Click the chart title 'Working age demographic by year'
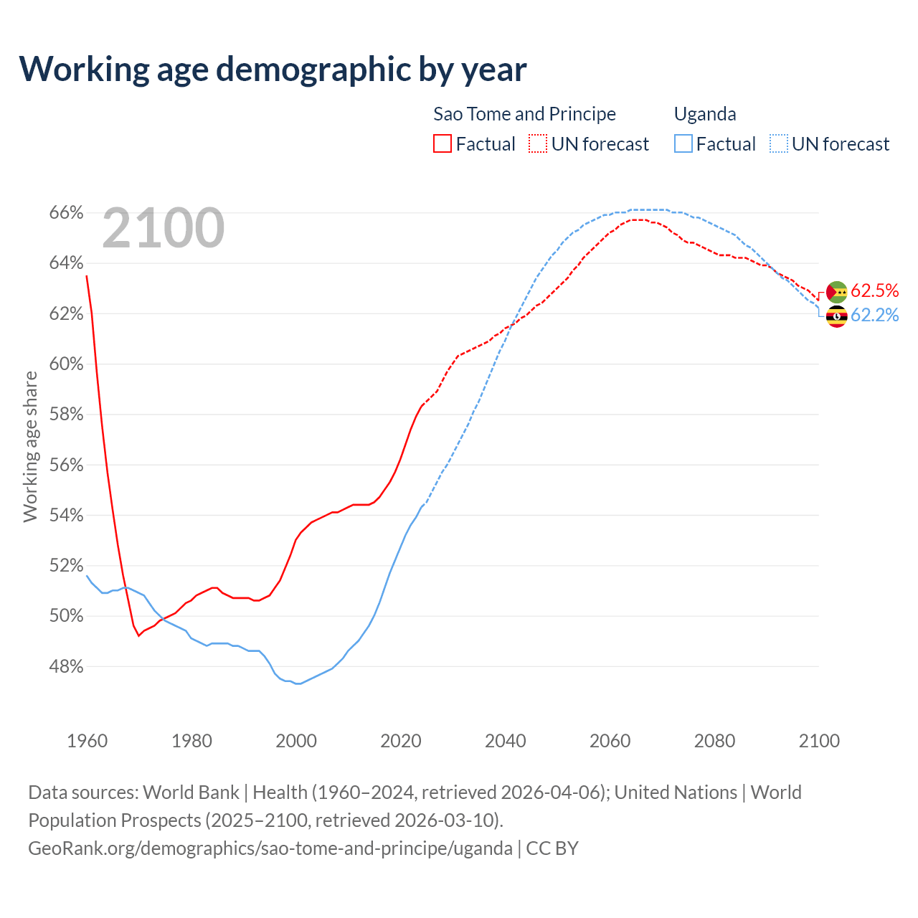tap(273, 69)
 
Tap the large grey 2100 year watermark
tap(164, 228)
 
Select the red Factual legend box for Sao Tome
tap(443, 144)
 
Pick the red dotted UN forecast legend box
tap(538, 144)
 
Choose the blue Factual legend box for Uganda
tap(683, 144)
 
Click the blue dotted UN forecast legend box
tap(779, 144)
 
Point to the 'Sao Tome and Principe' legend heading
tap(524, 114)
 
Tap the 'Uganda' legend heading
tap(705, 114)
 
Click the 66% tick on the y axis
tap(66, 213)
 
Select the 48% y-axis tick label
tap(66, 666)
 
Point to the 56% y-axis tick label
tap(66, 465)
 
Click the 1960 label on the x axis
tap(87, 741)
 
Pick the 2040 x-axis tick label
tap(506, 741)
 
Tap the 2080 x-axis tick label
tap(714, 741)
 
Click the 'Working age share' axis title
tap(30, 446)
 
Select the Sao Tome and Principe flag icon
tap(836, 292)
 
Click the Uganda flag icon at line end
tap(836, 316)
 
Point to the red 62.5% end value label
tap(874, 290)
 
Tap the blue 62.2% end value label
tap(874, 315)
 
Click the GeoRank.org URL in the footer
tap(270, 848)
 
